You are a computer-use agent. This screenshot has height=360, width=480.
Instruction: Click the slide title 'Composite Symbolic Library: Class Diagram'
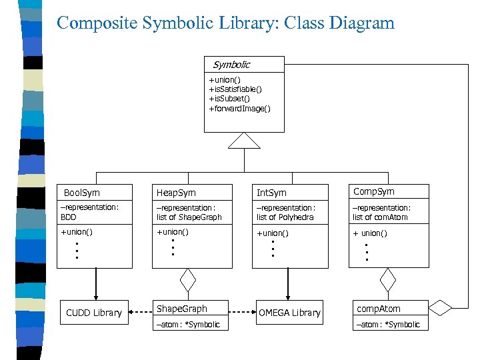pyautogui.click(x=225, y=23)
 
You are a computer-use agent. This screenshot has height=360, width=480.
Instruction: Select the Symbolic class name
pyautogui.click(x=231, y=65)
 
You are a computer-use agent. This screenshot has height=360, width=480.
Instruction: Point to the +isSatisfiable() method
pyautogui.click(x=235, y=89)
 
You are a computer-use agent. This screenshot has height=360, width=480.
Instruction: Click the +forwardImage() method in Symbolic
pyautogui.click(x=239, y=108)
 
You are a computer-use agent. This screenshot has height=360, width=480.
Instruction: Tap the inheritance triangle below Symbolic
pyautogui.click(x=244, y=141)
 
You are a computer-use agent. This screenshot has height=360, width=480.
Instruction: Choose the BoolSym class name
pyautogui.click(x=81, y=193)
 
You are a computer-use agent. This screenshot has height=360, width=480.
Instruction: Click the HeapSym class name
pyautogui.click(x=176, y=193)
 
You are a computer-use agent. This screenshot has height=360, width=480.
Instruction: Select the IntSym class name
pyautogui.click(x=271, y=193)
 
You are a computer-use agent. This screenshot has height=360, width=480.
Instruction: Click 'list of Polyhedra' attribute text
pyautogui.click(x=285, y=217)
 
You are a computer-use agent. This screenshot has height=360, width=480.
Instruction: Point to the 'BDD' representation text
pyautogui.click(x=69, y=217)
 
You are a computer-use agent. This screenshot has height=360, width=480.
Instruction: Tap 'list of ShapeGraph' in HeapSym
pyautogui.click(x=189, y=217)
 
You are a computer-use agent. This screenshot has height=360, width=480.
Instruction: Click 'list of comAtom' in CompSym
pyautogui.click(x=380, y=217)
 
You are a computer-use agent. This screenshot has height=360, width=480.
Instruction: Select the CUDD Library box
pyautogui.click(x=94, y=313)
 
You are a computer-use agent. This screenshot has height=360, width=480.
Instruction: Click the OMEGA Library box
pyautogui.click(x=289, y=313)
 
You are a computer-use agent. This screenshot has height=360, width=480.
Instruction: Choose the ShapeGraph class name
pyautogui.click(x=181, y=309)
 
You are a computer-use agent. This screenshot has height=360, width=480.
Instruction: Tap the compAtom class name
pyautogui.click(x=379, y=309)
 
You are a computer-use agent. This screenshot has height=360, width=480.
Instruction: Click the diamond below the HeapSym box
pyautogui.click(x=189, y=280)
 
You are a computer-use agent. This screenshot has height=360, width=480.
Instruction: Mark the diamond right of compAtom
pyautogui.click(x=440, y=307)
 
